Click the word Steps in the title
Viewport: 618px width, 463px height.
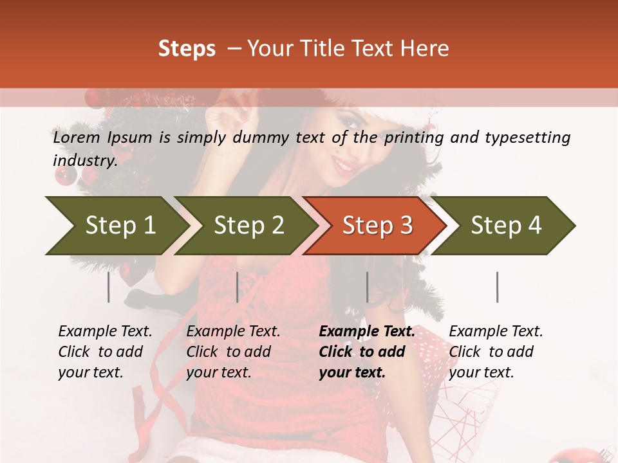[187, 49]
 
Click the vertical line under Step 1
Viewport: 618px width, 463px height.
[109, 287]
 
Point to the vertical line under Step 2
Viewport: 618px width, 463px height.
[238, 287]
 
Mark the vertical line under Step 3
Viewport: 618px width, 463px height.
[368, 287]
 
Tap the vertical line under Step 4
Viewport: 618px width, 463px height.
[498, 287]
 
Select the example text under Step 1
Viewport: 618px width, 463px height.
[105, 352]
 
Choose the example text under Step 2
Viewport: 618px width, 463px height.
[233, 352]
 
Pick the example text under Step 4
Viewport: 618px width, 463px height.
[496, 352]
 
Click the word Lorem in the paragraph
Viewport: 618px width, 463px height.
[77, 138]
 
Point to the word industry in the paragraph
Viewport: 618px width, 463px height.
[84, 161]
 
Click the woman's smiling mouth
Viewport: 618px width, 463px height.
[343, 166]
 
